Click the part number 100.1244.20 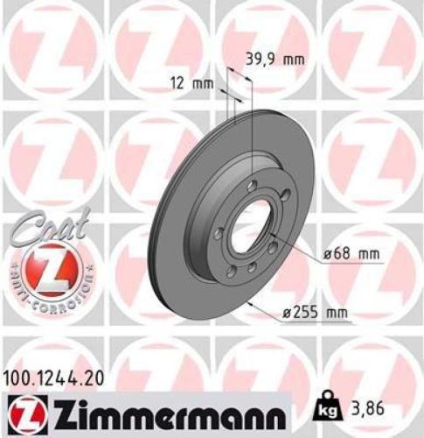coord(54,378)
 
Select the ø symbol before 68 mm coord(325,255)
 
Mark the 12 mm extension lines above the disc coord(229,96)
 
